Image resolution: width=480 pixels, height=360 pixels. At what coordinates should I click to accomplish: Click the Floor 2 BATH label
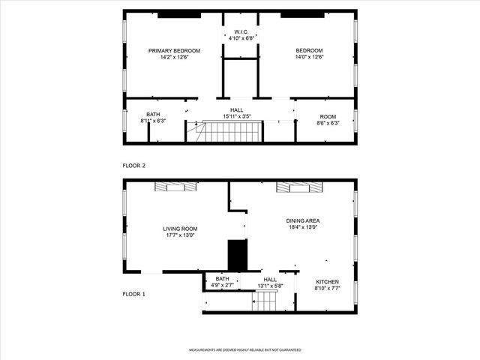pyautogui.click(x=153, y=115)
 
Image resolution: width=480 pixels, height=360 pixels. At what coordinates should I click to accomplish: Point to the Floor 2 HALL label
pyautogui.click(x=236, y=110)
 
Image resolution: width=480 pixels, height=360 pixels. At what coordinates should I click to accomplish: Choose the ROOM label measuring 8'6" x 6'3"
pyautogui.click(x=328, y=116)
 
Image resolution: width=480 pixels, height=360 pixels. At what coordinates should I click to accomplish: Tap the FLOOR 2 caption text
pyautogui.click(x=134, y=164)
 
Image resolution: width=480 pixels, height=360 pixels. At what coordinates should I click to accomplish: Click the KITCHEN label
pyautogui.click(x=326, y=281)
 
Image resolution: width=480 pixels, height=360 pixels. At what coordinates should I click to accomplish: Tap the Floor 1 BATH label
pyautogui.click(x=223, y=279)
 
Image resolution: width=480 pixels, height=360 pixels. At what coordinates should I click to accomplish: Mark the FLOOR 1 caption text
pyautogui.click(x=134, y=293)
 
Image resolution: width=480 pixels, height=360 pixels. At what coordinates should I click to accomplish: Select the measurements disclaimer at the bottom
pyautogui.click(x=244, y=350)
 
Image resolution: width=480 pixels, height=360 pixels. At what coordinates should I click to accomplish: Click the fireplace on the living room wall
pyautogui.click(x=169, y=187)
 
